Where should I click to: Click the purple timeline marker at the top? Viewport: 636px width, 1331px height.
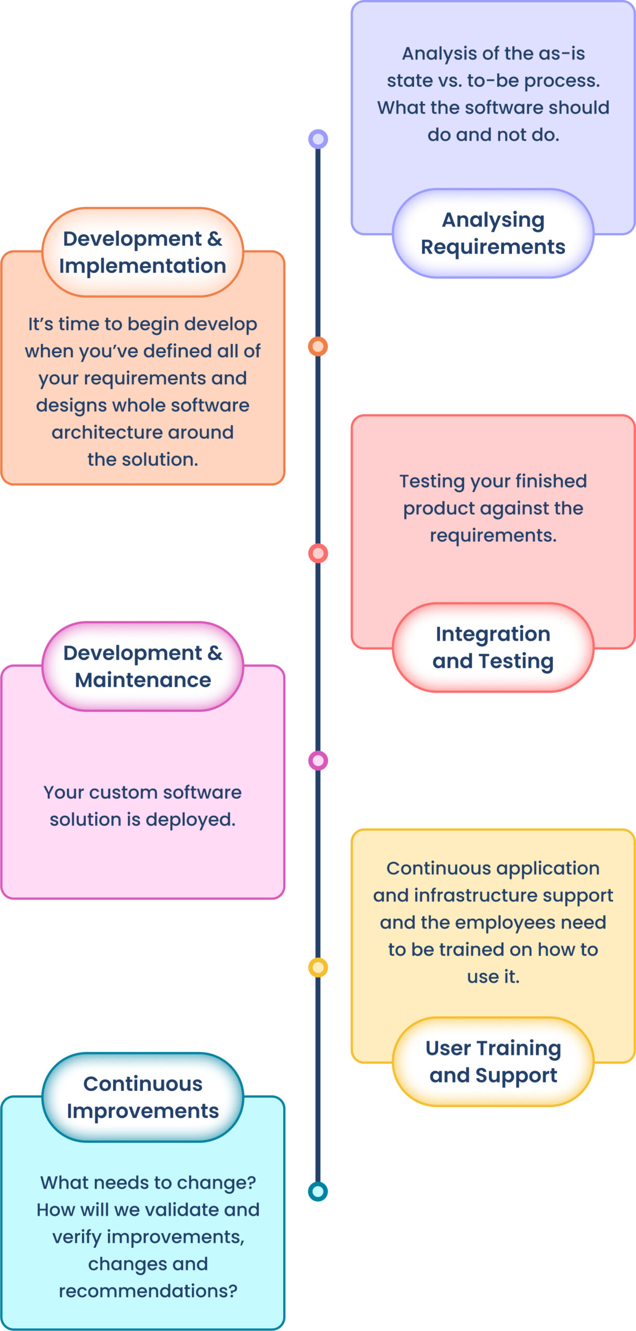318,139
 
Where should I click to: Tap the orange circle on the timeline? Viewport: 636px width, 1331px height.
318,346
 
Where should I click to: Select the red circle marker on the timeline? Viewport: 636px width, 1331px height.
318,553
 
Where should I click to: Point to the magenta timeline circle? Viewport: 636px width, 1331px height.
318,761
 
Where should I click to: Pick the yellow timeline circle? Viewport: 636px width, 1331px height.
318,968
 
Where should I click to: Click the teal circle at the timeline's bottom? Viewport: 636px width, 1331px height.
318,1191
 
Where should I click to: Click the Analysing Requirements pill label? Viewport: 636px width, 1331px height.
493,233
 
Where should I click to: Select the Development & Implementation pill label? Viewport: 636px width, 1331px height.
143,252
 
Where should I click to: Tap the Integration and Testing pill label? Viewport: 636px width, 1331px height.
493,647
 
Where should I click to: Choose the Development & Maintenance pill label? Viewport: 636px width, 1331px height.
143,667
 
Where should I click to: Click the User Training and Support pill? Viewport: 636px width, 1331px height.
493,1061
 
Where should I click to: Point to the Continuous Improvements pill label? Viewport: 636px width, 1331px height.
143,1097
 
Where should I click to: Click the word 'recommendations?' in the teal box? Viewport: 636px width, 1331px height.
148,1291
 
